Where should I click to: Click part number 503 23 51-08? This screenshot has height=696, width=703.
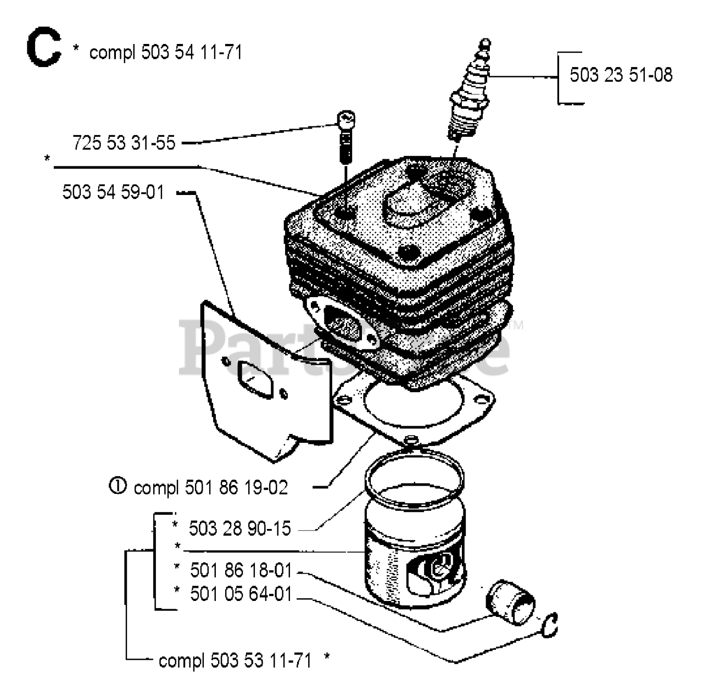coord(621,75)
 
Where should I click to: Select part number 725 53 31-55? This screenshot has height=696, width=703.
coord(124,143)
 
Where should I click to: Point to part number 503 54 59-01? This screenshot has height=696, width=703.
coord(113,192)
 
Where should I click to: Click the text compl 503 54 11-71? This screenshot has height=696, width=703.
coord(165,53)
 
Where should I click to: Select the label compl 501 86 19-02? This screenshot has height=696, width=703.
coord(210,487)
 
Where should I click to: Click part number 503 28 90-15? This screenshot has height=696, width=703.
coord(239,528)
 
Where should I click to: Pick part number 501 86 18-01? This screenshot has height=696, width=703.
coord(241,570)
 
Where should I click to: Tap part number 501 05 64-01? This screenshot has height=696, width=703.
coord(241,594)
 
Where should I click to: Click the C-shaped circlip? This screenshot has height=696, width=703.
coord(551,625)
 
